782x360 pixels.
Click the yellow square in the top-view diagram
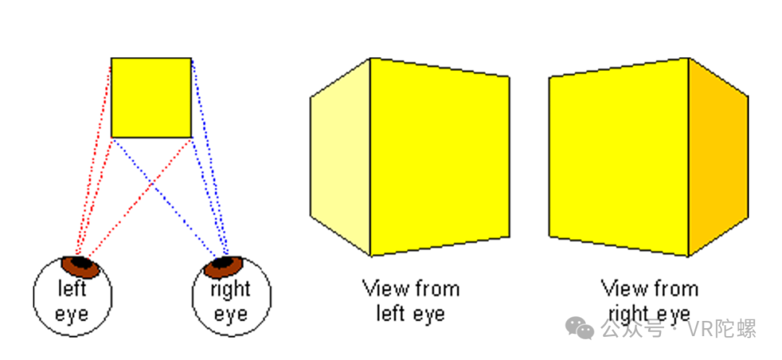pos(151,98)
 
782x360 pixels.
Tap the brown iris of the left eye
pos(81,267)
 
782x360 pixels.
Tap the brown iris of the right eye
pos(223,267)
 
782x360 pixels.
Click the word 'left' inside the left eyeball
pos(72,289)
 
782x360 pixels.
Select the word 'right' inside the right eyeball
pos(230,290)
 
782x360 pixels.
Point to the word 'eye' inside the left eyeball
pos(72,314)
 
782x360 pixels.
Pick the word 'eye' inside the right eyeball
pos(230,314)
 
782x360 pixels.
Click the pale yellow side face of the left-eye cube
pos(340,156)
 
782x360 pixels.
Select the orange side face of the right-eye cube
pos(718,156)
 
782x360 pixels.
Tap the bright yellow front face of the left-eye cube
pos(440,156)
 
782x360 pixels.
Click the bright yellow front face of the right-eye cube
pos(619,156)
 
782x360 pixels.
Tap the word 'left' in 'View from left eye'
pos(390,314)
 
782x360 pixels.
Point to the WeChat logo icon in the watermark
pos(579,328)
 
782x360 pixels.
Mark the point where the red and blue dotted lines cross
pos(151,185)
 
